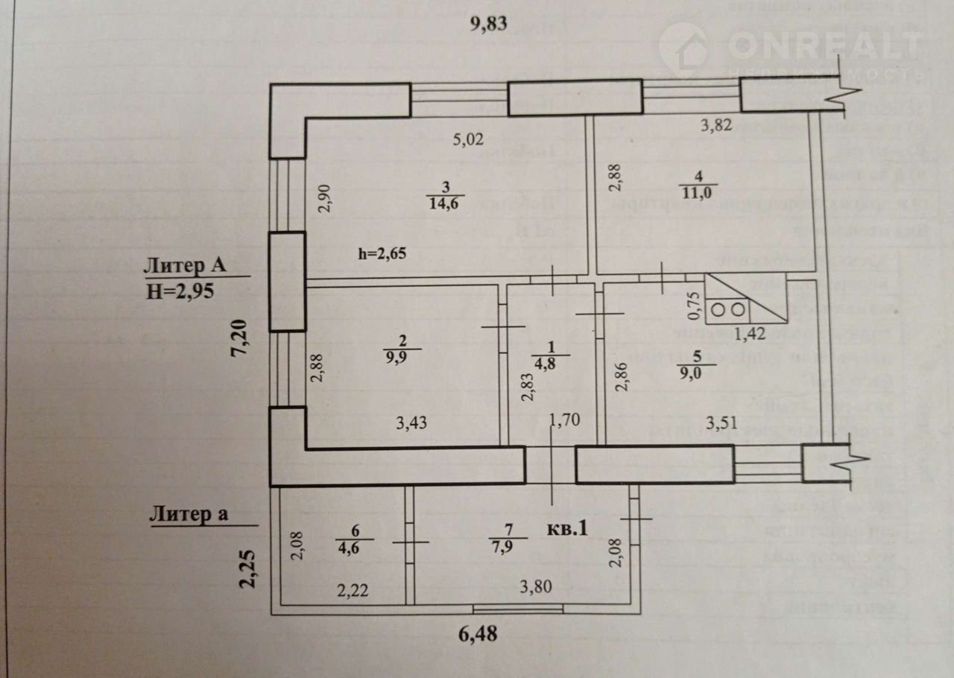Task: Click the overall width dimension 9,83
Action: [x=488, y=24]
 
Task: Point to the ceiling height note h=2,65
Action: [x=384, y=254]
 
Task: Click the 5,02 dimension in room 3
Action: [x=470, y=139]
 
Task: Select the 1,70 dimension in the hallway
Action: [x=565, y=422]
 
